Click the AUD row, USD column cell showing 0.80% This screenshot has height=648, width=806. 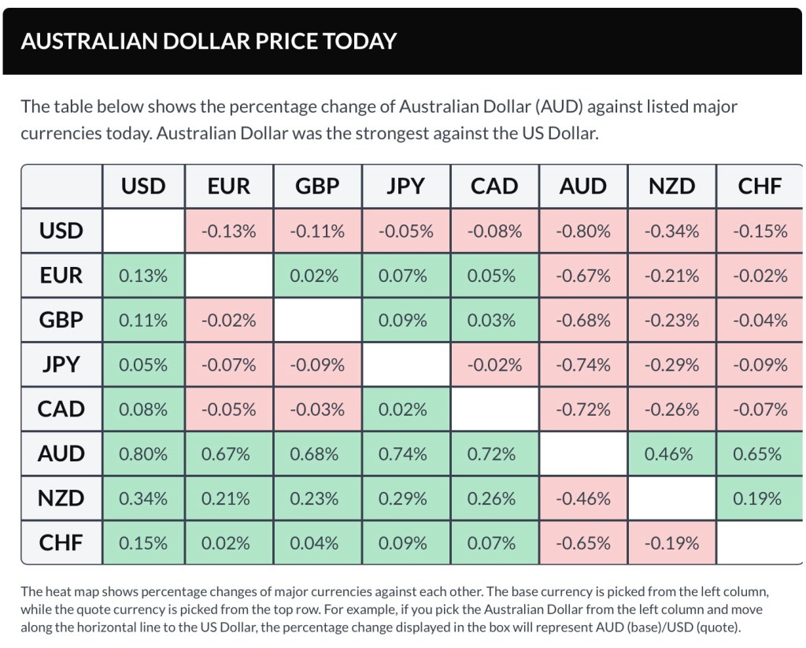click(143, 454)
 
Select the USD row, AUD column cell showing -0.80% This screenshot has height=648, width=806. click(583, 231)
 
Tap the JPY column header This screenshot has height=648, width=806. click(405, 187)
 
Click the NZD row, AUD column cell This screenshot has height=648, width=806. click(583, 499)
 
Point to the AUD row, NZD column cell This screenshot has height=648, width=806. click(671, 454)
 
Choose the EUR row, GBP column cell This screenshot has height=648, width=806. click(317, 276)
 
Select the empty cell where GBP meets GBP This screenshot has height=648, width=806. click(317, 320)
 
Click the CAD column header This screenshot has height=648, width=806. click(494, 187)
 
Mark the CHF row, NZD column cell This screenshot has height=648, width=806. click(671, 543)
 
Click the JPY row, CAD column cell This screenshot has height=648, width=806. click(494, 365)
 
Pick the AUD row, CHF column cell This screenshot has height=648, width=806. click(760, 454)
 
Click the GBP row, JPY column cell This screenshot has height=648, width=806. click(405, 320)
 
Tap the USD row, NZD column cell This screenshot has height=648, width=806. click(671, 231)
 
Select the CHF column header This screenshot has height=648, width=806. click(760, 187)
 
